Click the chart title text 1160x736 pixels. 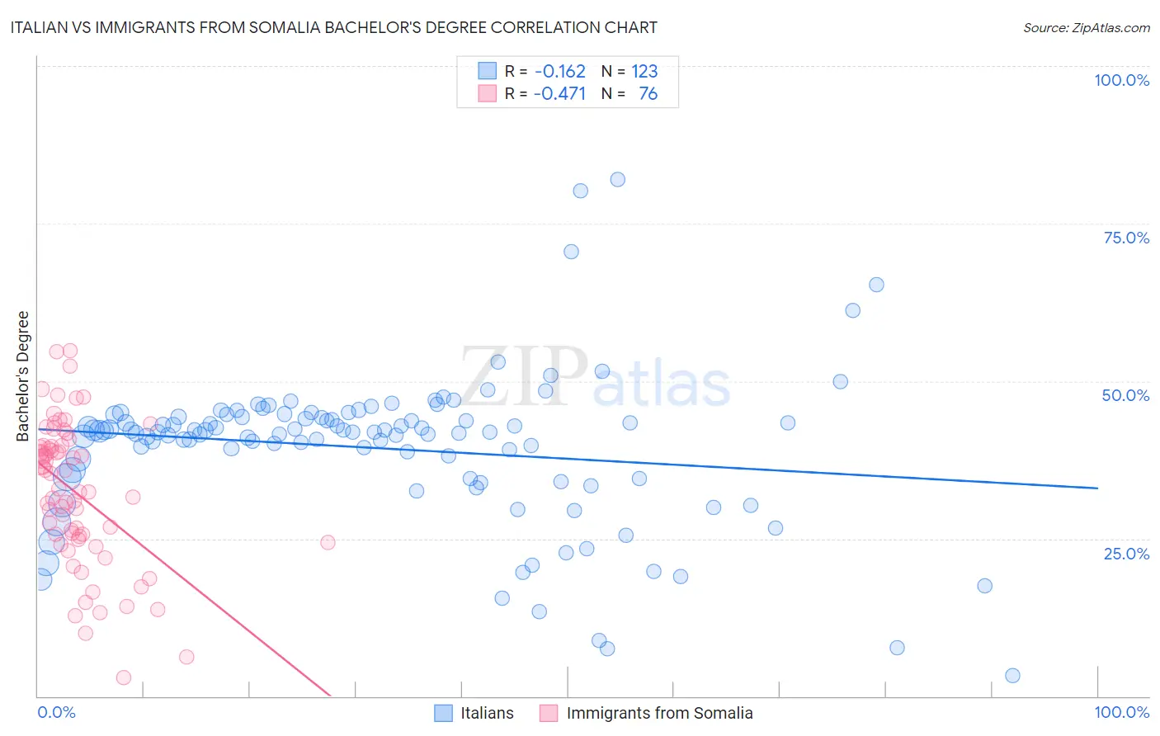click(333, 27)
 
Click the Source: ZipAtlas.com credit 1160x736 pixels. click(1086, 27)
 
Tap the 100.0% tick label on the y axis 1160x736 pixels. click(1121, 80)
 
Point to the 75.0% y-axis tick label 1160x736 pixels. click(1126, 238)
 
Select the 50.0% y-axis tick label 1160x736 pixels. click(1125, 395)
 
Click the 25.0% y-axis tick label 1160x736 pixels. click(1126, 553)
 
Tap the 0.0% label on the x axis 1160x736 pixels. click(56, 712)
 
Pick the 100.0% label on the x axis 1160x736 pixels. click(1121, 712)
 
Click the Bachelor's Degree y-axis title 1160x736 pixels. click(23, 376)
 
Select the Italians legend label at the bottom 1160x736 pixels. click(487, 713)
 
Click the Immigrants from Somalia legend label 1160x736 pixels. click(659, 713)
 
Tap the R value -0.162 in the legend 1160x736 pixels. click(559, 71)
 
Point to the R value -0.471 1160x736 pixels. click(559, 93)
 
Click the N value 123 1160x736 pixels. click(644, 71)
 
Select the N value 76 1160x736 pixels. click(648, 93)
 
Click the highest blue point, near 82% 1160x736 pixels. click(617, 180)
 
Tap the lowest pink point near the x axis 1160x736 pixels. click(124, 677)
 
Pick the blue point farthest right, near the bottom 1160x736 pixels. click(1012, 676)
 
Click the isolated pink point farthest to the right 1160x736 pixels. click(328, 542)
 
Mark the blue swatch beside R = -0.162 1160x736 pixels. click(488, 71)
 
